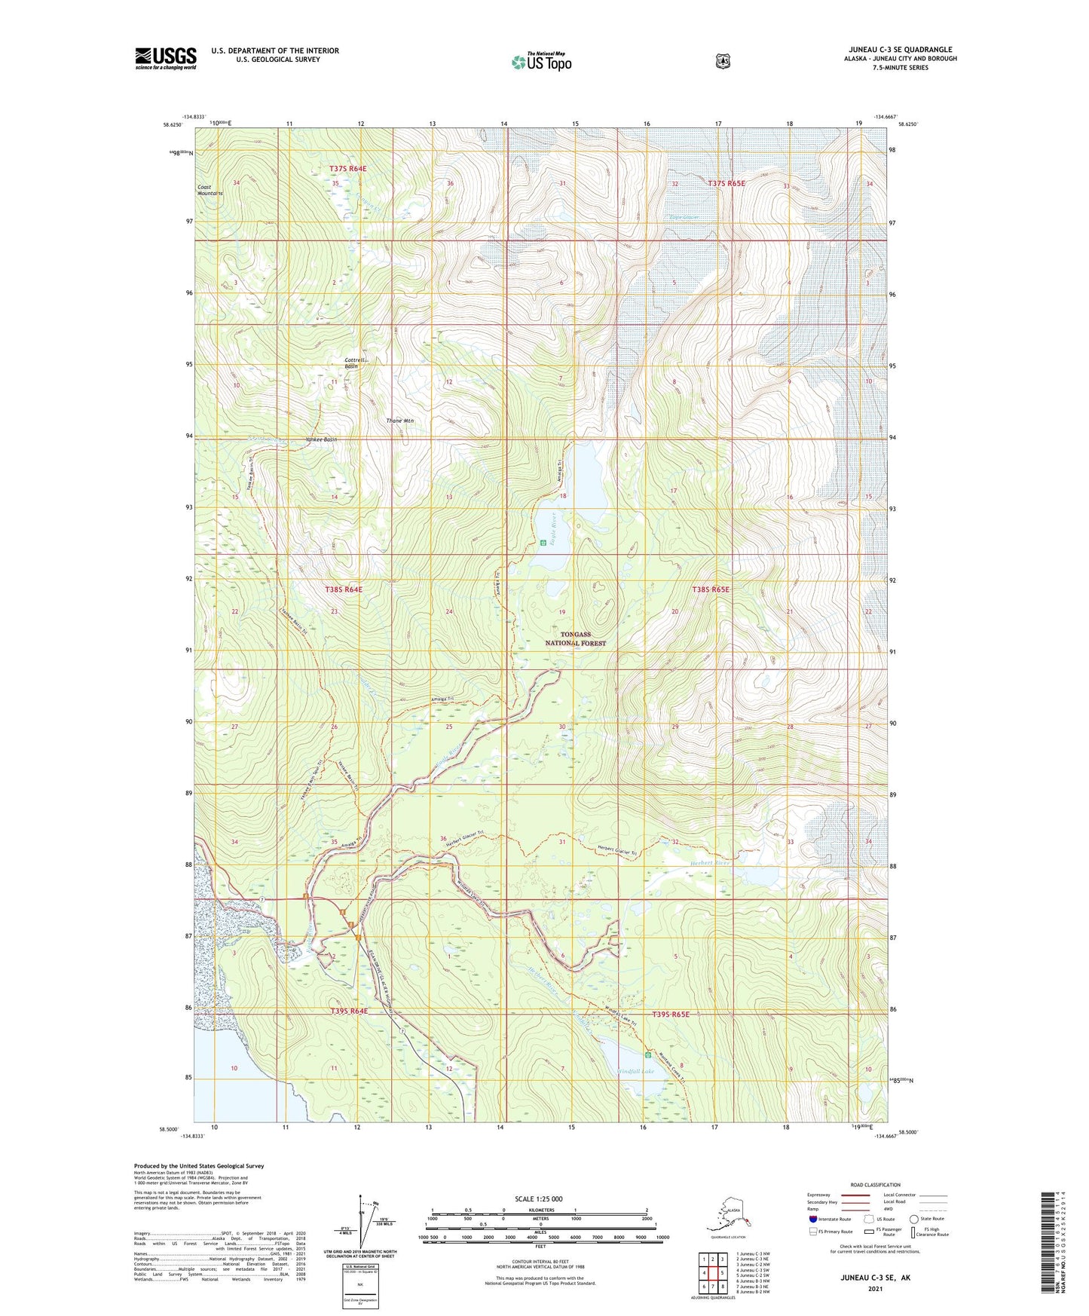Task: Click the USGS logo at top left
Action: (x=166, y=58)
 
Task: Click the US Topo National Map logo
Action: (x=540, y=62)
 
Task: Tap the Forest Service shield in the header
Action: (x=723, y=61)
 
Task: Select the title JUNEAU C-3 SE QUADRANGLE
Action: (x=900, y=50)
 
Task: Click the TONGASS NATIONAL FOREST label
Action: (x=575, y=639)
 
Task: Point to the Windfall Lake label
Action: (x=637, y=1071)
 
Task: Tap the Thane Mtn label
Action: (x=399, y=421)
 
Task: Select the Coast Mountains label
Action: (x=210, y=190)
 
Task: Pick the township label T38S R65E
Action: (x=711, y=589)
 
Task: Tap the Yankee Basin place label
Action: (x=321, y=439)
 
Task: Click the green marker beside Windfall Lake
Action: (x=647, y=1054)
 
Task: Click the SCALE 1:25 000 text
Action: (x=538, y=1198)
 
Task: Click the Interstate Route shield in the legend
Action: (x=812, y=1219)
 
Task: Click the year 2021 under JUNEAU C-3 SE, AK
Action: (x=875, y=1288)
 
